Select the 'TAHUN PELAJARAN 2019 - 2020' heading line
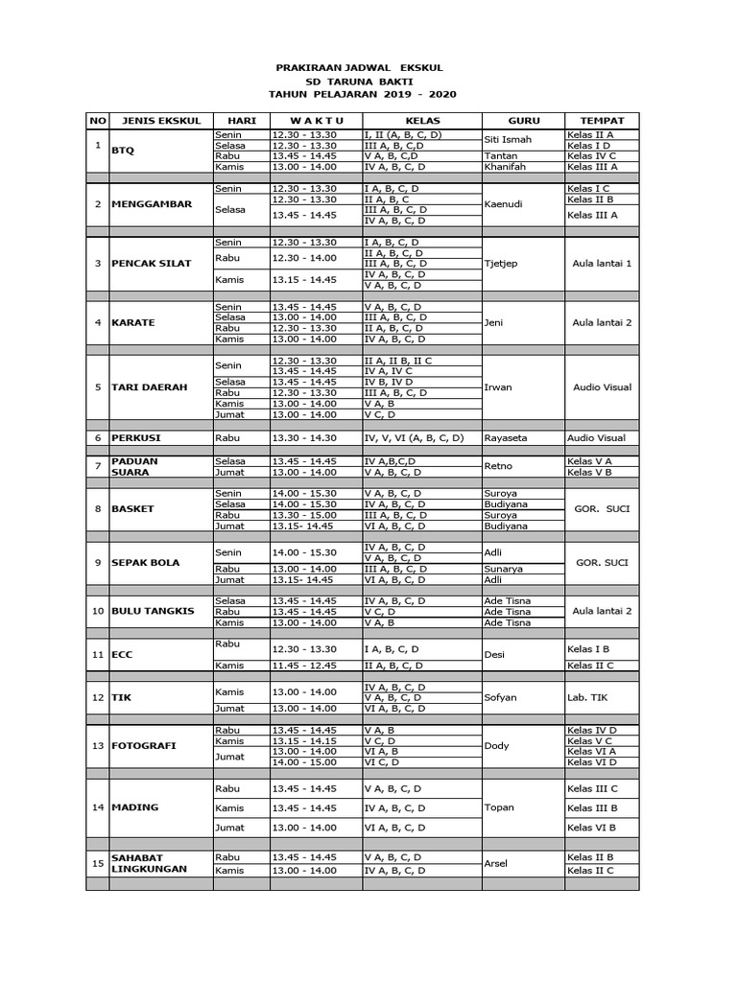tap(363, 95)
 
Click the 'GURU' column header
tap(523, 121)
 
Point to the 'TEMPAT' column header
tap(602, 121)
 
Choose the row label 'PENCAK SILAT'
tap(152, 263)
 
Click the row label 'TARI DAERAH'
tap(149, 387)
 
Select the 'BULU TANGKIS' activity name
tap(153, 611)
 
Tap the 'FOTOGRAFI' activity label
tap(144, 745)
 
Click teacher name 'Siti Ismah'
tap(508, 140)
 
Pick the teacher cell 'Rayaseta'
tap(507, 437)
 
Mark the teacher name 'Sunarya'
tap(505, 569)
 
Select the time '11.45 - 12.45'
tap(303, 666)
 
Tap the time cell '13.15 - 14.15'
tap(303, 740)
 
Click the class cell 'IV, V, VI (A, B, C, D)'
tap(414, 437)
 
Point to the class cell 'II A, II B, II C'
tap(398, 360)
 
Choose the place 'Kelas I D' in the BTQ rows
tap(589, 146)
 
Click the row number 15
tap(97, 864)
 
